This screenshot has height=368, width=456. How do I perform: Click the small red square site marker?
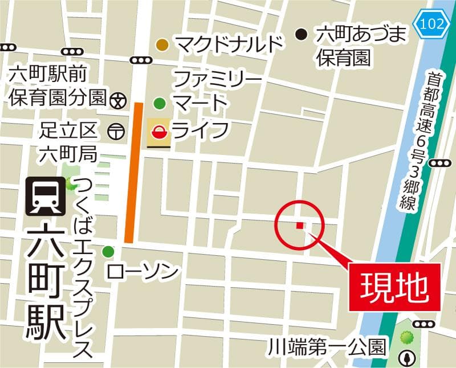pos(299,226)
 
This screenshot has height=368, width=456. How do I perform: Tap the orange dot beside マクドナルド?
pos(162,44)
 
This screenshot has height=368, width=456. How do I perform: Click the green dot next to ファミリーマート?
pos(160,103)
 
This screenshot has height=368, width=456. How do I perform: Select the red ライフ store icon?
pos(158,133)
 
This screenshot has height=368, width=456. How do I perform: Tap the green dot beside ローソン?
pos(108,251)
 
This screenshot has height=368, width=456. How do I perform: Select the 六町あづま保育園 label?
pos(360,45)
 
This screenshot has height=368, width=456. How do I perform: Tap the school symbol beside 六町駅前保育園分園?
pos(117,100)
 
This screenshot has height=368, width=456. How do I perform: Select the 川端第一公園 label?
pos(328,346)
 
